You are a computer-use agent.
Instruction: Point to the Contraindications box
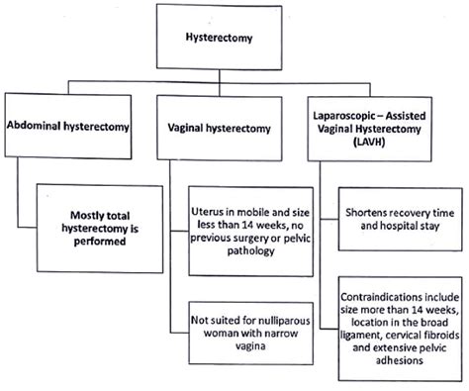399,327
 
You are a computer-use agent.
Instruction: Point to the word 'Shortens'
368,211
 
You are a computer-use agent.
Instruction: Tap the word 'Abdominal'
39,126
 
